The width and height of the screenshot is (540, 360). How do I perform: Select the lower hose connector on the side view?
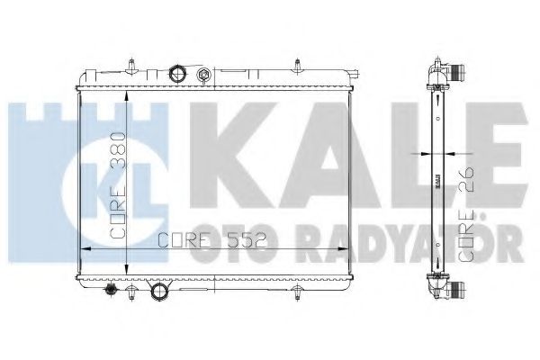(459, 291)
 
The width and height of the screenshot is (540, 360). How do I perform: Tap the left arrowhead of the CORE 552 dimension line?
(85, 249)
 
